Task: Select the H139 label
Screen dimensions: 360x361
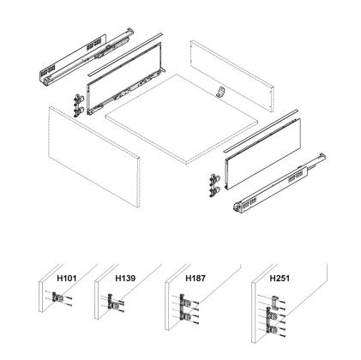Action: [125, 279]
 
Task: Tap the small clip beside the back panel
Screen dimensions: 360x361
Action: [220, 93]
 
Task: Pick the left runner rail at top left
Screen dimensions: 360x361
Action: [81, 59]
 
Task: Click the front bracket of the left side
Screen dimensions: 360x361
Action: [80, 104]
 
